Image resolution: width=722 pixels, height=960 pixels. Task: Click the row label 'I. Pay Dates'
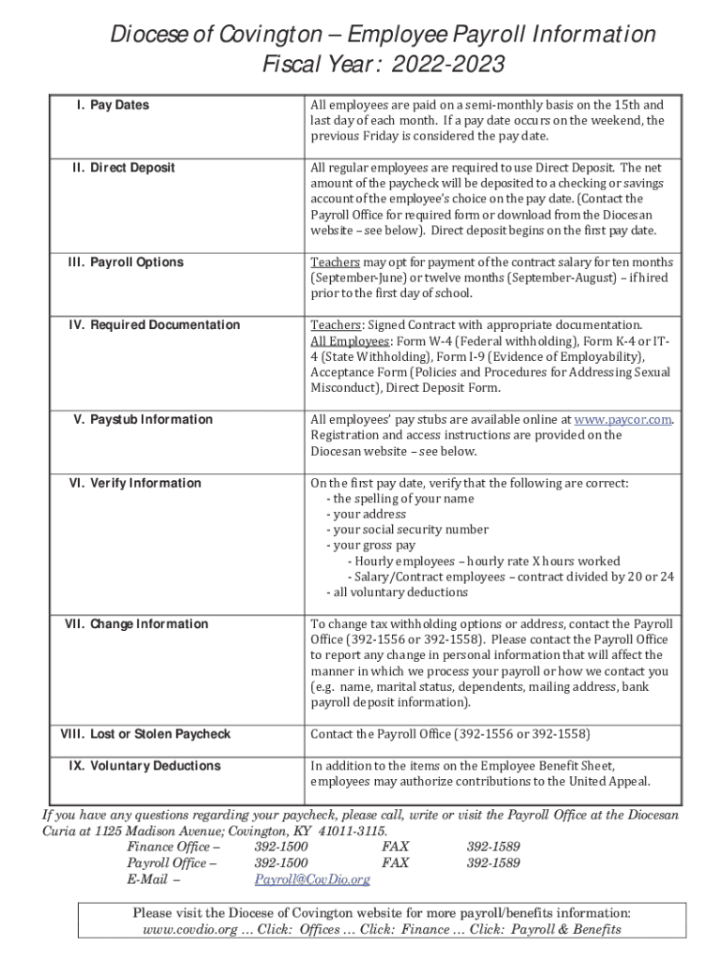coord(112,105)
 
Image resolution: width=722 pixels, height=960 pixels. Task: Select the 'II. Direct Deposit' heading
coord(123,168)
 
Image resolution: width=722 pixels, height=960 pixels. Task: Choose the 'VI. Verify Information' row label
coord(135,483)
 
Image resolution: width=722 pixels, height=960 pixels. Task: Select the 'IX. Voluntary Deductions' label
coord(144,766)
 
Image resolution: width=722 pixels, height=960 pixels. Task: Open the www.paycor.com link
coord(622,420)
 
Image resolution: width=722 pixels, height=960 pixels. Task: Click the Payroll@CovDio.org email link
coord(312,879)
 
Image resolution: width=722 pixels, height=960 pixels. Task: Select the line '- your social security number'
coord(407,530)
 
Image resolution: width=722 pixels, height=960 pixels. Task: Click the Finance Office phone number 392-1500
coord(280,847)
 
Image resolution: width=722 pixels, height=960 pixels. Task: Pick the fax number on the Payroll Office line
coord(493,863)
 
